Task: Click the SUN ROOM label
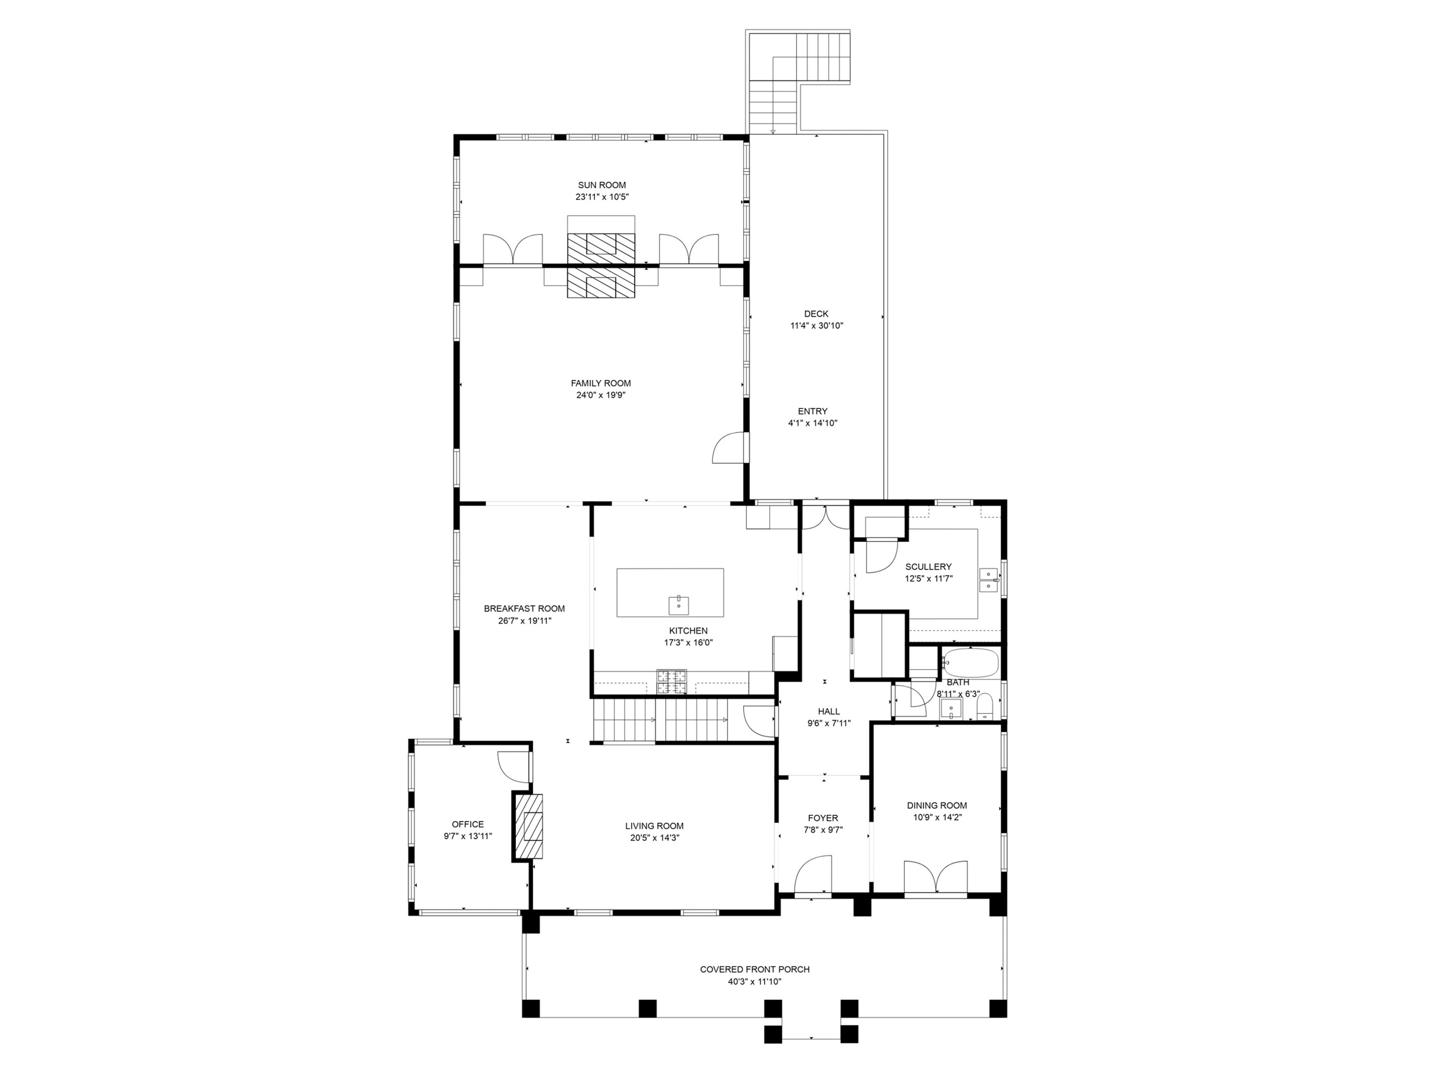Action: tap(602, 185)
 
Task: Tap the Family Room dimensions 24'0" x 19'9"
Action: tap(601, 395)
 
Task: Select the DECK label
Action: tap(816, 314)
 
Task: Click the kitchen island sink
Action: tap(679, 605)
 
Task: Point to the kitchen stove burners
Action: tap(671, 681)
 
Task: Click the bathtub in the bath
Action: tap(970, 663)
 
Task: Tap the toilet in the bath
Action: tap(985, 706)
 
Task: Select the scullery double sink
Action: tap(988, 579)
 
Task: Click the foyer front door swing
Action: tap(813, 876)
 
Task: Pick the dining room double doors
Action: tap(936, 878)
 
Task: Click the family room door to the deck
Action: tap(729, 448)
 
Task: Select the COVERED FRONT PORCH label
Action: tap(754, 969)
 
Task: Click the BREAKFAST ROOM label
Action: tap(524, 609)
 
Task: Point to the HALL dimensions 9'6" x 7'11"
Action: tap(828, 723)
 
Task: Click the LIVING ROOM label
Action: tap(654, 826)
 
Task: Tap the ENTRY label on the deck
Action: tap(812, 411)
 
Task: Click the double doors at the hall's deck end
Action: tap(825, 517)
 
